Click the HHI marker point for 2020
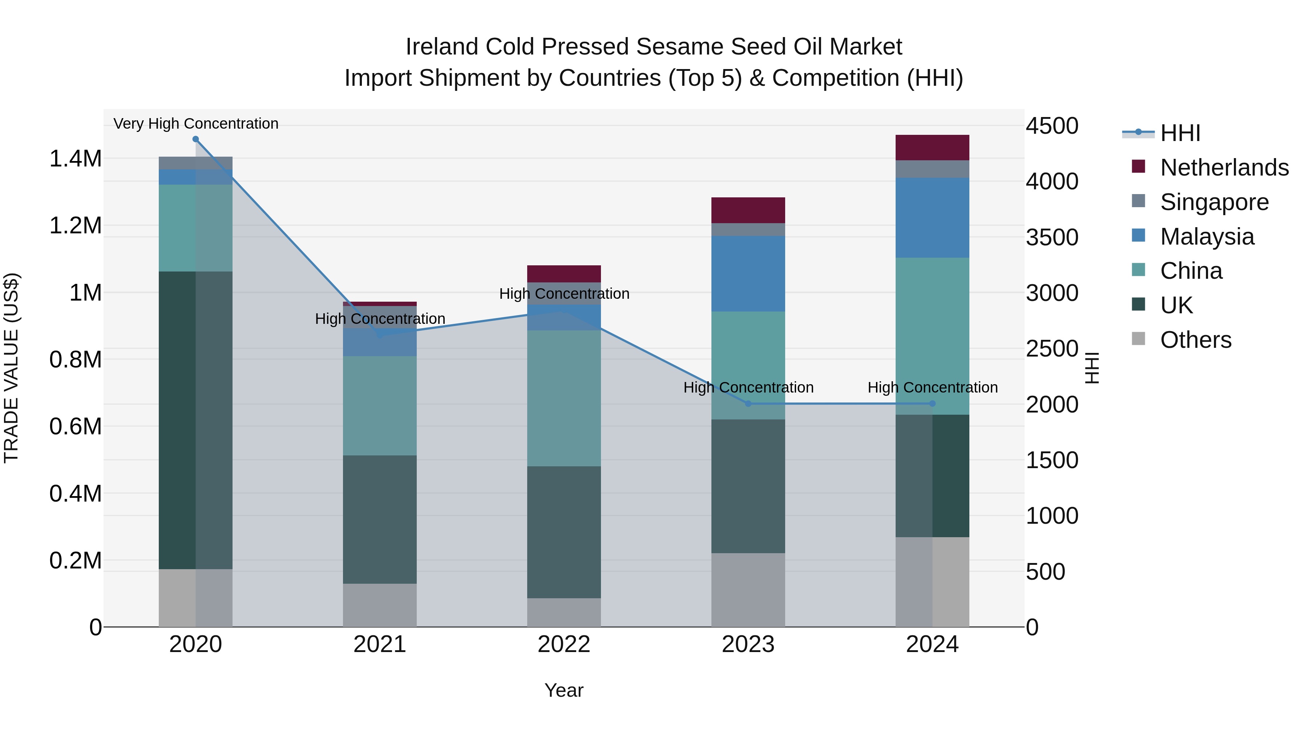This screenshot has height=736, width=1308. click(195, 139)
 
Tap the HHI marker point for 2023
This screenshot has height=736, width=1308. click(748, 404)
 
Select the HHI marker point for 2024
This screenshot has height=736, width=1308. click(932, 404)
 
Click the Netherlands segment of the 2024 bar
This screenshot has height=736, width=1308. click(932, 148)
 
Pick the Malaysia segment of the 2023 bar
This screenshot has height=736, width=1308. click(748, 274)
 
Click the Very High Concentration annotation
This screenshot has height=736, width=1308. click(195, 124)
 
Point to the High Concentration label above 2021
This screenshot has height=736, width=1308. click(380, 319)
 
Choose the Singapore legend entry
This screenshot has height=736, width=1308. click(1214, 202)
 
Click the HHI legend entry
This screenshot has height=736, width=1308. click(1179, 133)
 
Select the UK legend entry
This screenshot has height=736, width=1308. click(1176, 305)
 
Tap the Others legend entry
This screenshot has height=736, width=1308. click(1195, 340)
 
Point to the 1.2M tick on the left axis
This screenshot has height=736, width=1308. click(75, 225)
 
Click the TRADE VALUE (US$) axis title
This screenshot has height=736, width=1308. click(11, 368)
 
